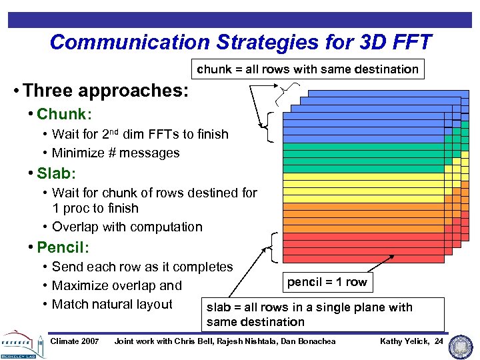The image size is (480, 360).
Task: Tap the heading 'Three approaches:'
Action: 100,90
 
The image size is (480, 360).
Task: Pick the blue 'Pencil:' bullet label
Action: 61,247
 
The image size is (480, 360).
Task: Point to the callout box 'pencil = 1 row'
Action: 327,281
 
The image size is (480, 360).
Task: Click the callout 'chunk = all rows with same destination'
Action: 307,69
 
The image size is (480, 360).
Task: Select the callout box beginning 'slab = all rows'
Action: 323,314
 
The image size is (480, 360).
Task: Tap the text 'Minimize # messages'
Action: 115,153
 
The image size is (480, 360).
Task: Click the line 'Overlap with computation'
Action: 127,227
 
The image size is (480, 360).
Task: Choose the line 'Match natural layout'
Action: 112,304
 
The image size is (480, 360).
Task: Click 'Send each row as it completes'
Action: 142,267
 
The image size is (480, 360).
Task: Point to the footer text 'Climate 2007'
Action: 75,341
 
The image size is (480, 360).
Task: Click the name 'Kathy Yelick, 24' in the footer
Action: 411,341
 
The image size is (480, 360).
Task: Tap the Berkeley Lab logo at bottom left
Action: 21,344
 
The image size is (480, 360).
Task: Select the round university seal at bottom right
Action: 461,346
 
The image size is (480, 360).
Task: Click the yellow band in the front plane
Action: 363,190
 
